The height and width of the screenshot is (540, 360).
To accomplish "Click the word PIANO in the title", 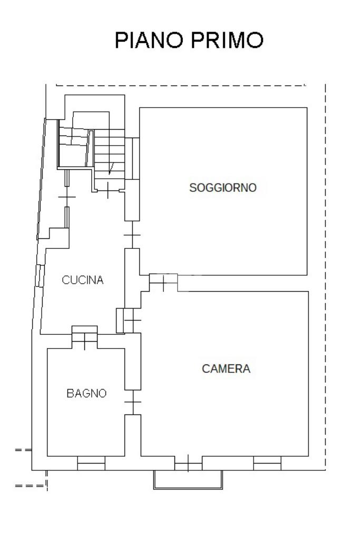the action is click(x=149, y=41).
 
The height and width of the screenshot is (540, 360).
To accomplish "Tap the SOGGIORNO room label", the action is click(x=223, y=187).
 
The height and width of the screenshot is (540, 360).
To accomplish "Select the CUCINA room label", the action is click(x=83, y=280).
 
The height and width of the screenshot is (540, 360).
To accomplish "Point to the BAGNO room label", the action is click(x=86, y=393).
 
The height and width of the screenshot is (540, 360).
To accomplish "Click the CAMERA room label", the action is click(x=226, y=369).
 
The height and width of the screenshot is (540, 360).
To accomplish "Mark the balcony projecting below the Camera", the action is click(x=188, y=479).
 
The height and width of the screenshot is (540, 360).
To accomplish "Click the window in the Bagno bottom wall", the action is click(x=91, y=463).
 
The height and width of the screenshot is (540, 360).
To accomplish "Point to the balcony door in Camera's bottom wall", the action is click(x=188, y=464).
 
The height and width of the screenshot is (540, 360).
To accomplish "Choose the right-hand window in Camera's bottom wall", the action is click(x=267, y=463).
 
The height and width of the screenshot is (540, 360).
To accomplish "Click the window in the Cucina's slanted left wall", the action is click(x=39, y=275).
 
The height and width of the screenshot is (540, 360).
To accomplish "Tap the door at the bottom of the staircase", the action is click(x=108, y=188).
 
